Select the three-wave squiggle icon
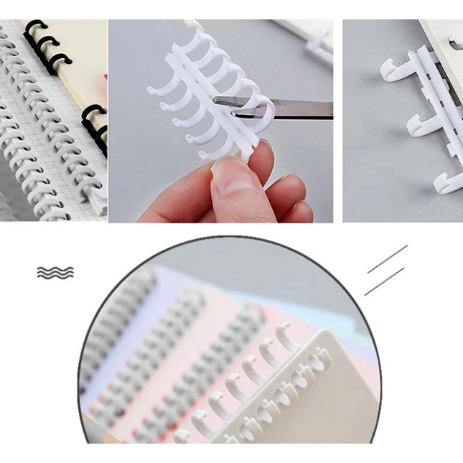(55, 273)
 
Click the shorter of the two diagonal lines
(383, 281)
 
